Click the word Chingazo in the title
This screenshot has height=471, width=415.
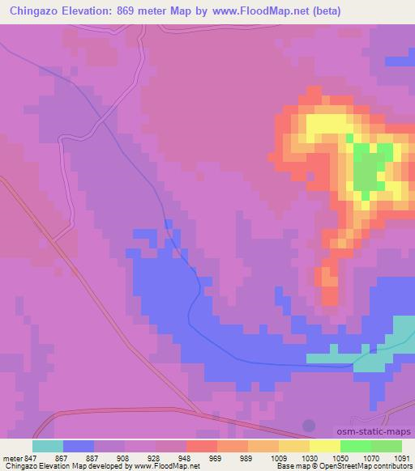click(35, 11)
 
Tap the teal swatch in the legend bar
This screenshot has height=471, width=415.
click(48, 446)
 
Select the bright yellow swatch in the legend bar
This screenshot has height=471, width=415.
click(325, 446)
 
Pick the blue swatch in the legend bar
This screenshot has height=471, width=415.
click(79, 446)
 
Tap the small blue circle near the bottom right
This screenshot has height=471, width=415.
click(309, 425)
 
